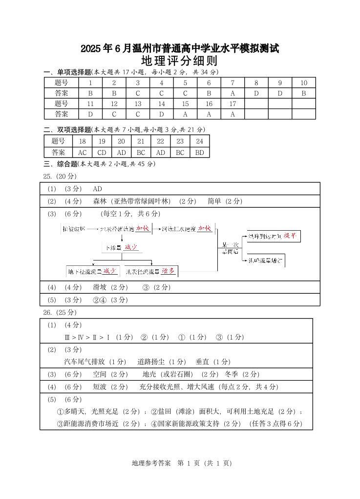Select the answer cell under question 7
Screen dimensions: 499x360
tap(233, 93)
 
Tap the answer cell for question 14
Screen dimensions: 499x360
tap(161, 114)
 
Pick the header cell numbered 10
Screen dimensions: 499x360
tap(303, 83)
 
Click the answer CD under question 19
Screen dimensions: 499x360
tap(102, 152)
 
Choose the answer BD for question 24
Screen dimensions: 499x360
tap(199, 152)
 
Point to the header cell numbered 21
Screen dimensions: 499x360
tap(141, 141)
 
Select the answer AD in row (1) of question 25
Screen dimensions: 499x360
tap(97, 189)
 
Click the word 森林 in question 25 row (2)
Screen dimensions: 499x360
tap(100, 201)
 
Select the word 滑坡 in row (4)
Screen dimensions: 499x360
tap(100, 287)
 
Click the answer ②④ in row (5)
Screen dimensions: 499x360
tap(100, 300)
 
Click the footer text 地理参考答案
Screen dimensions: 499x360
tap(151, 463)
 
